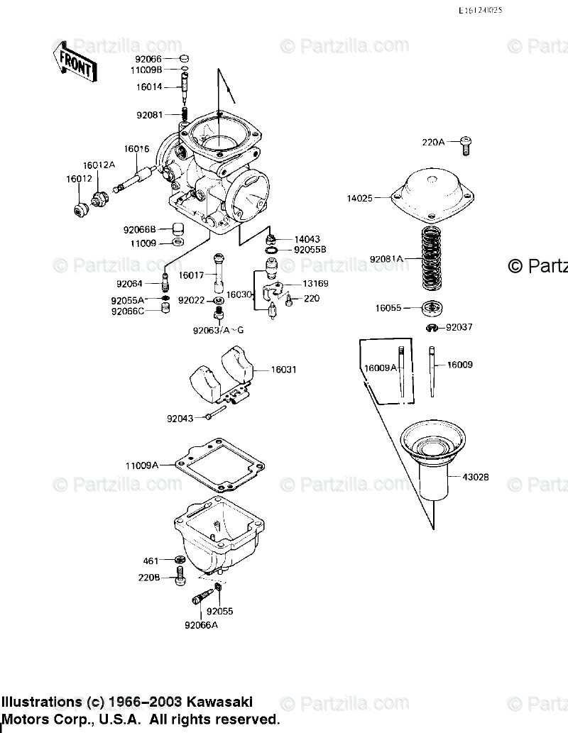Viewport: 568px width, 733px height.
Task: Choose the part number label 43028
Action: click(x=475, y=478)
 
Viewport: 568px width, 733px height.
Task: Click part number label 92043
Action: click(x=181, y=419)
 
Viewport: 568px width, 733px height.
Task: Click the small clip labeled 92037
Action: click(x=432, y=327)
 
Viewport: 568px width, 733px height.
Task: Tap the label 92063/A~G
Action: click(x=217, y=330)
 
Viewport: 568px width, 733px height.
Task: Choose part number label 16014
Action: click(x=150, y=87)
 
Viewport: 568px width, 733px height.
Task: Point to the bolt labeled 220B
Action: click(x=179, y=578)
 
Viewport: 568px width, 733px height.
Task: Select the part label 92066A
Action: click(x=201, y=625)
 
